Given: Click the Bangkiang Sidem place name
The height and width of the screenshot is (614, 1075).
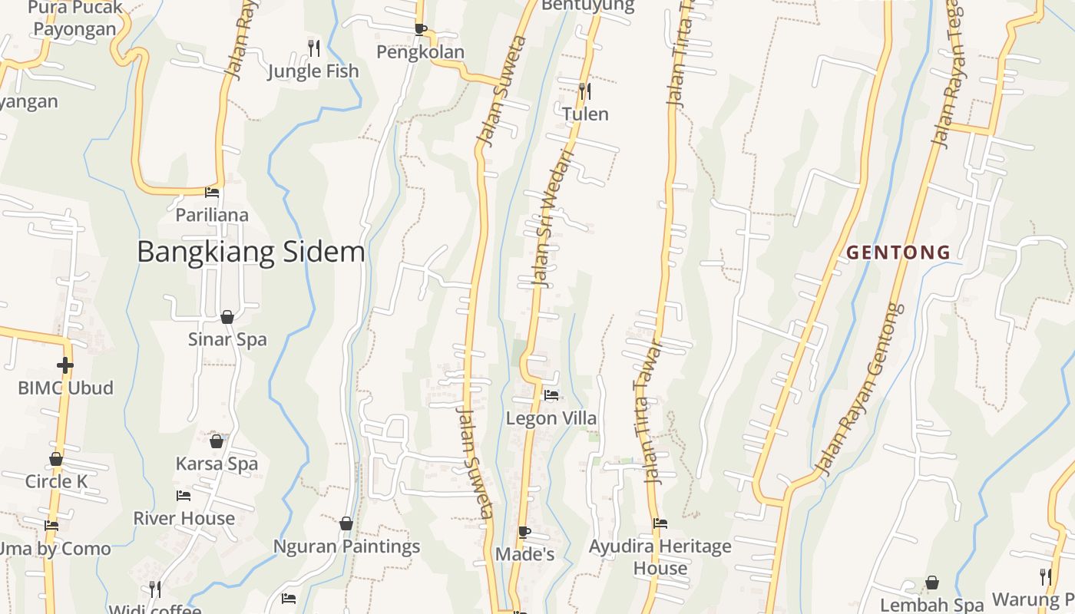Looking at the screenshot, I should point(250,252).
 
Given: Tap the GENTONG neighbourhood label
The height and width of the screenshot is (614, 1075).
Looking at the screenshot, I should point(898,253).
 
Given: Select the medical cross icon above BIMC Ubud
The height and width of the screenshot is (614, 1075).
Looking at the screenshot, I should point(65,365).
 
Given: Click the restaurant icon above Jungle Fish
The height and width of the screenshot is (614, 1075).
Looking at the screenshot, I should point(313,48).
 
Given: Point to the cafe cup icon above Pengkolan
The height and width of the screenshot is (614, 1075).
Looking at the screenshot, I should point(420,29).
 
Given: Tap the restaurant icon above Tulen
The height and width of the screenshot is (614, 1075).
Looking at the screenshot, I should point(585,91).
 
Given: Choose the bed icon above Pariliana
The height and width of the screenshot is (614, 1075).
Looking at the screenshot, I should point(212,193).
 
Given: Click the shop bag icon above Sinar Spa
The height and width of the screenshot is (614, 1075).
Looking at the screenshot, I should point(227,317).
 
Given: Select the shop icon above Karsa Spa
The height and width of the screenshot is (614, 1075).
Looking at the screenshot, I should point(217,441).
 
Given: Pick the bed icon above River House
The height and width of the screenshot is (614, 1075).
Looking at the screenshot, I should point(184,496).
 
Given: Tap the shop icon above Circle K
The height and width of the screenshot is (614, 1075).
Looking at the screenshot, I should point(56,460).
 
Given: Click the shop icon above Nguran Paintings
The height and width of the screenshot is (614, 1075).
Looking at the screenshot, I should point(346,523).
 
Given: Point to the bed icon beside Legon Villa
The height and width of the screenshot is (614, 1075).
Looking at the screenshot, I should point(551,396).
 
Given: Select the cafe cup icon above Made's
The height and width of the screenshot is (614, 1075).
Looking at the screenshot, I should point(524,532).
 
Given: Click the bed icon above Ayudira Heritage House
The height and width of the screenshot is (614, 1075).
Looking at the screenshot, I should point(660,523).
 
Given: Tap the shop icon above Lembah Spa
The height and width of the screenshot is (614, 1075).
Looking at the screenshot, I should point(932,583).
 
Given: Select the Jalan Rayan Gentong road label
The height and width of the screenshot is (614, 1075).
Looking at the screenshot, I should point(858,389).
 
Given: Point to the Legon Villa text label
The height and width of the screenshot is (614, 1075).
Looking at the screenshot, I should point(551,419).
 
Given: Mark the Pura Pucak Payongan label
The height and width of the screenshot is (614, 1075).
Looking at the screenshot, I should point(75,19).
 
